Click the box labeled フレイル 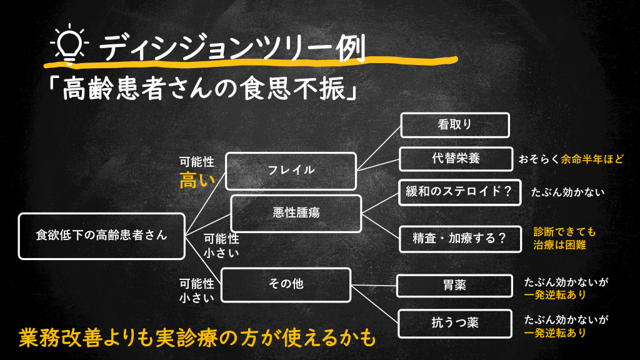pos(291,170)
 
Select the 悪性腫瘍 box pos(296,213)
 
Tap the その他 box pos(286,284)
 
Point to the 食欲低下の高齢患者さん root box pos(101,236)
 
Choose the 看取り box pos(454,124)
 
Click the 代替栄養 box pos(454,159)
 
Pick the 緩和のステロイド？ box pos(460,192)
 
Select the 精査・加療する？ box pos(460,239)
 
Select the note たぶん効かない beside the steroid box pos(567,192)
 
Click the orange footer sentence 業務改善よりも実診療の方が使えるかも pos(197,337)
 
